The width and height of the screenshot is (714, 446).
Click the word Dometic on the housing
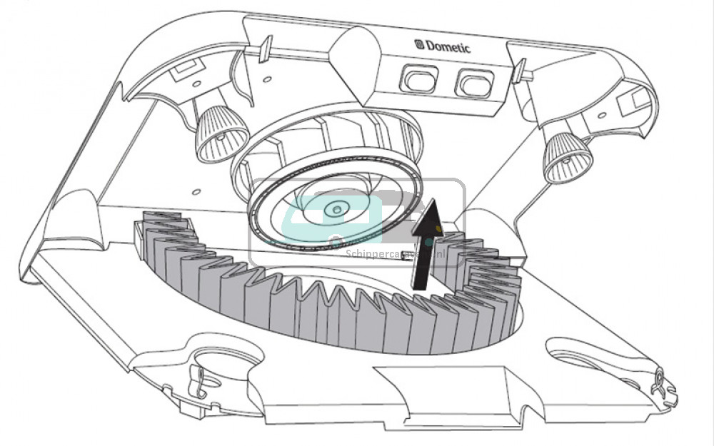point(448,46)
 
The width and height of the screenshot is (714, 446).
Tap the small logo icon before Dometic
point(419,44)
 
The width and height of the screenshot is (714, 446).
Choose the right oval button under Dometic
point(471,85)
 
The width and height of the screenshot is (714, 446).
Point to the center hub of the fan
point(335,209)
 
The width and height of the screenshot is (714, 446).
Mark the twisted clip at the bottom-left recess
point(197,382)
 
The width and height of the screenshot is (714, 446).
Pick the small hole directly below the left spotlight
point(194,192)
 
